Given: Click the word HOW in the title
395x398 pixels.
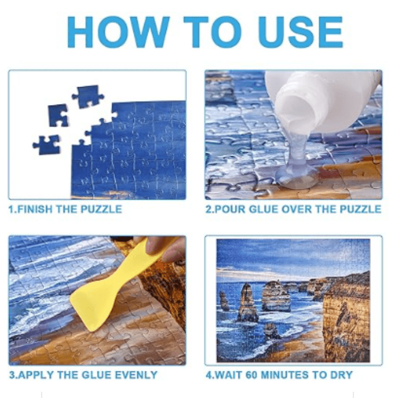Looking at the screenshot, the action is coord(118,32).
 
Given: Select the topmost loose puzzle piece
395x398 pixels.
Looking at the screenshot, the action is coord(87,97).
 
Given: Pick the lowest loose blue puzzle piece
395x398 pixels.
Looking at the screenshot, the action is coord(47,145).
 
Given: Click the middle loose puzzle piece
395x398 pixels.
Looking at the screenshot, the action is coord(58,115).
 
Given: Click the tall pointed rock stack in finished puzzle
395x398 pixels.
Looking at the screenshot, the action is coord(247,302).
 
